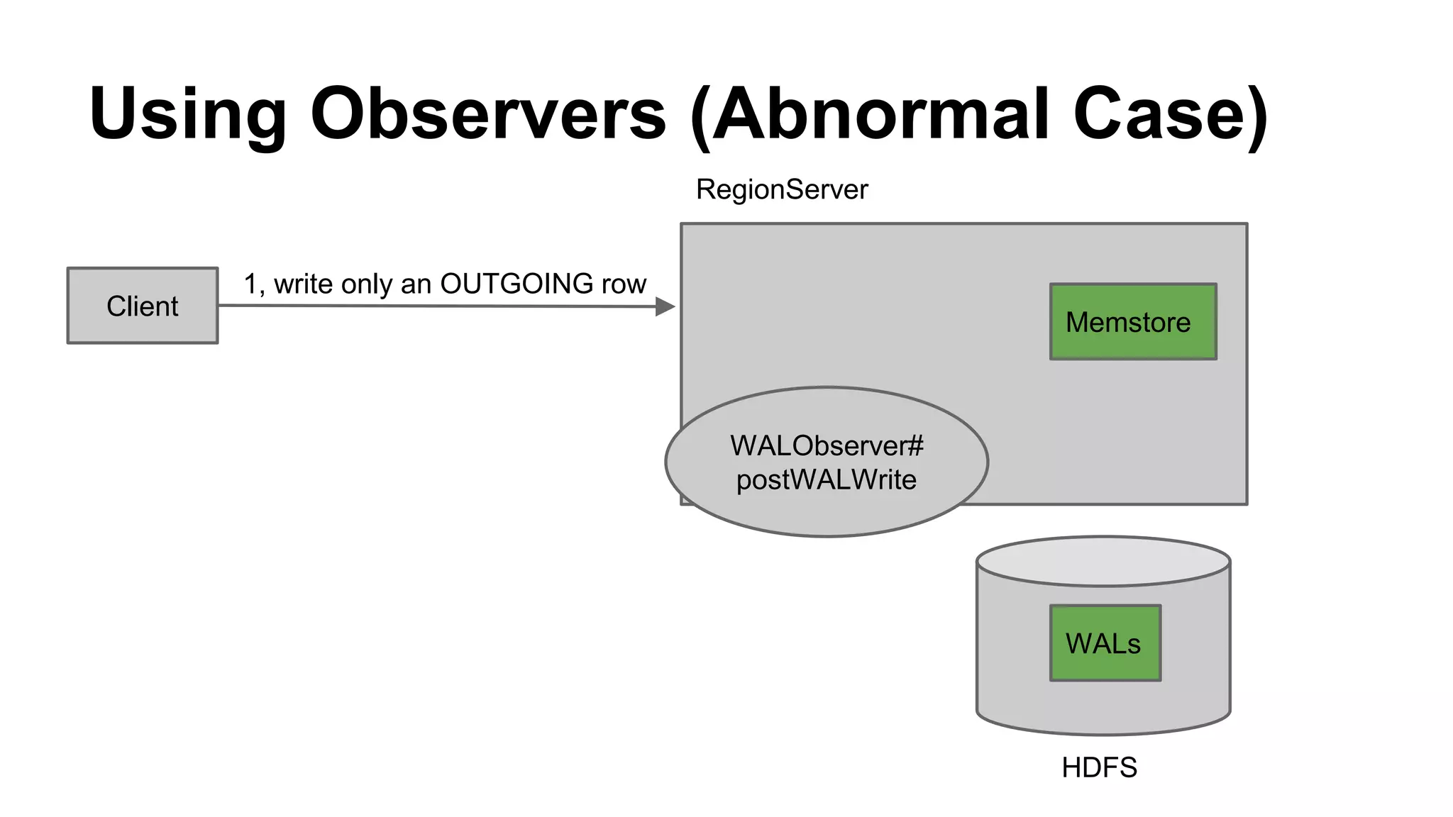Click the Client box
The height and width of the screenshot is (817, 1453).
coord(143,306)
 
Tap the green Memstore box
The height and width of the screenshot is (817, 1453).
coord(1133,322)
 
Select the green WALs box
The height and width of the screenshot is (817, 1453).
coord(1105,643)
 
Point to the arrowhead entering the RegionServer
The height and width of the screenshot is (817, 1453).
coord(665,306)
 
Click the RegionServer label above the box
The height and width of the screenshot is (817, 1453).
coord(782,189)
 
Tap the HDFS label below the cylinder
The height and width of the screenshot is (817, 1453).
coord(1099,767)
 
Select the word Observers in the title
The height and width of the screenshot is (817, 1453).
coord(488,113)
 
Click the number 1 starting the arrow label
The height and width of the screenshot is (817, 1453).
coord(250,284)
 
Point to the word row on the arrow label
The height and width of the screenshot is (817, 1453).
coord(624,284)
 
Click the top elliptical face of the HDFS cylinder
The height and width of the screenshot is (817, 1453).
coord(1103,561)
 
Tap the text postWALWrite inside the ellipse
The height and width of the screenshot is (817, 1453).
coord(827,480)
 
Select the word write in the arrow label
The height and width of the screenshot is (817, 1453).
coord(304,284)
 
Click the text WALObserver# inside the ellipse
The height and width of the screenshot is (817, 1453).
coord(827,446)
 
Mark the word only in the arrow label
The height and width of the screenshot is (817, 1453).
coord(366,284)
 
